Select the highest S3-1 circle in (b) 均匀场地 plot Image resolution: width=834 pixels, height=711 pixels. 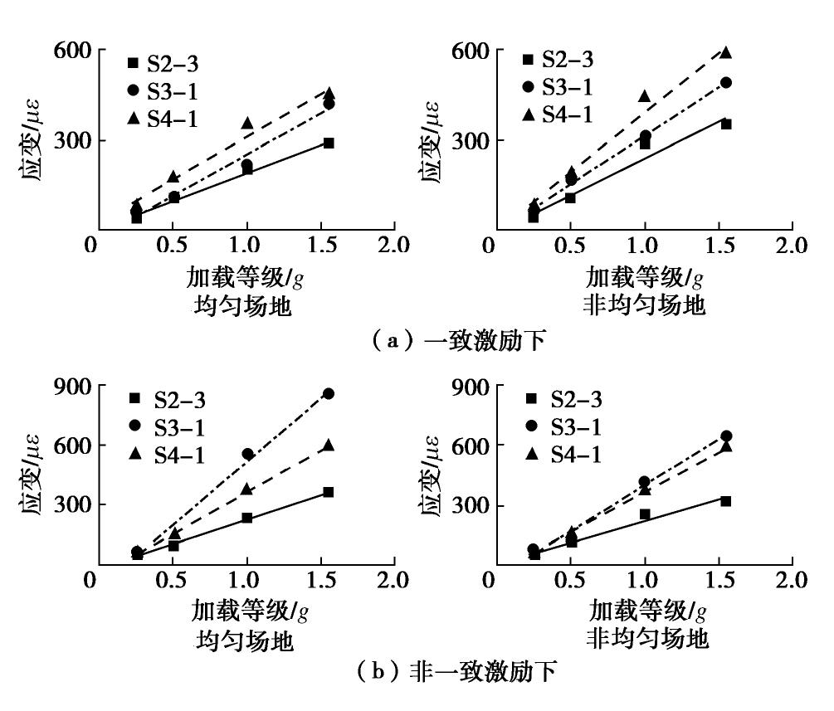coord(329,393)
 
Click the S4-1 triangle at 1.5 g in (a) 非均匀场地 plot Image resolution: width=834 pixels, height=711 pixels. coord(726,52)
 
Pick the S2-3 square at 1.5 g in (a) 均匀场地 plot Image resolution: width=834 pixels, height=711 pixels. coord(329,143)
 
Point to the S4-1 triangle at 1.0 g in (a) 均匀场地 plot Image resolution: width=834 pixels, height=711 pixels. coord(246,123)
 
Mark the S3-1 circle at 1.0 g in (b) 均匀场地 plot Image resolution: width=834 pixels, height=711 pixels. coord(246,454)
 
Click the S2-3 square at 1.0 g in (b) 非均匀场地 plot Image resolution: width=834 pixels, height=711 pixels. coord(645,514)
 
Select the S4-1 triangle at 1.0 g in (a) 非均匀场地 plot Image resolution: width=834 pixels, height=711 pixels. coord(645,96)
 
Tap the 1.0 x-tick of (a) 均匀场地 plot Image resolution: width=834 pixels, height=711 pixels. coord(246,246)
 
